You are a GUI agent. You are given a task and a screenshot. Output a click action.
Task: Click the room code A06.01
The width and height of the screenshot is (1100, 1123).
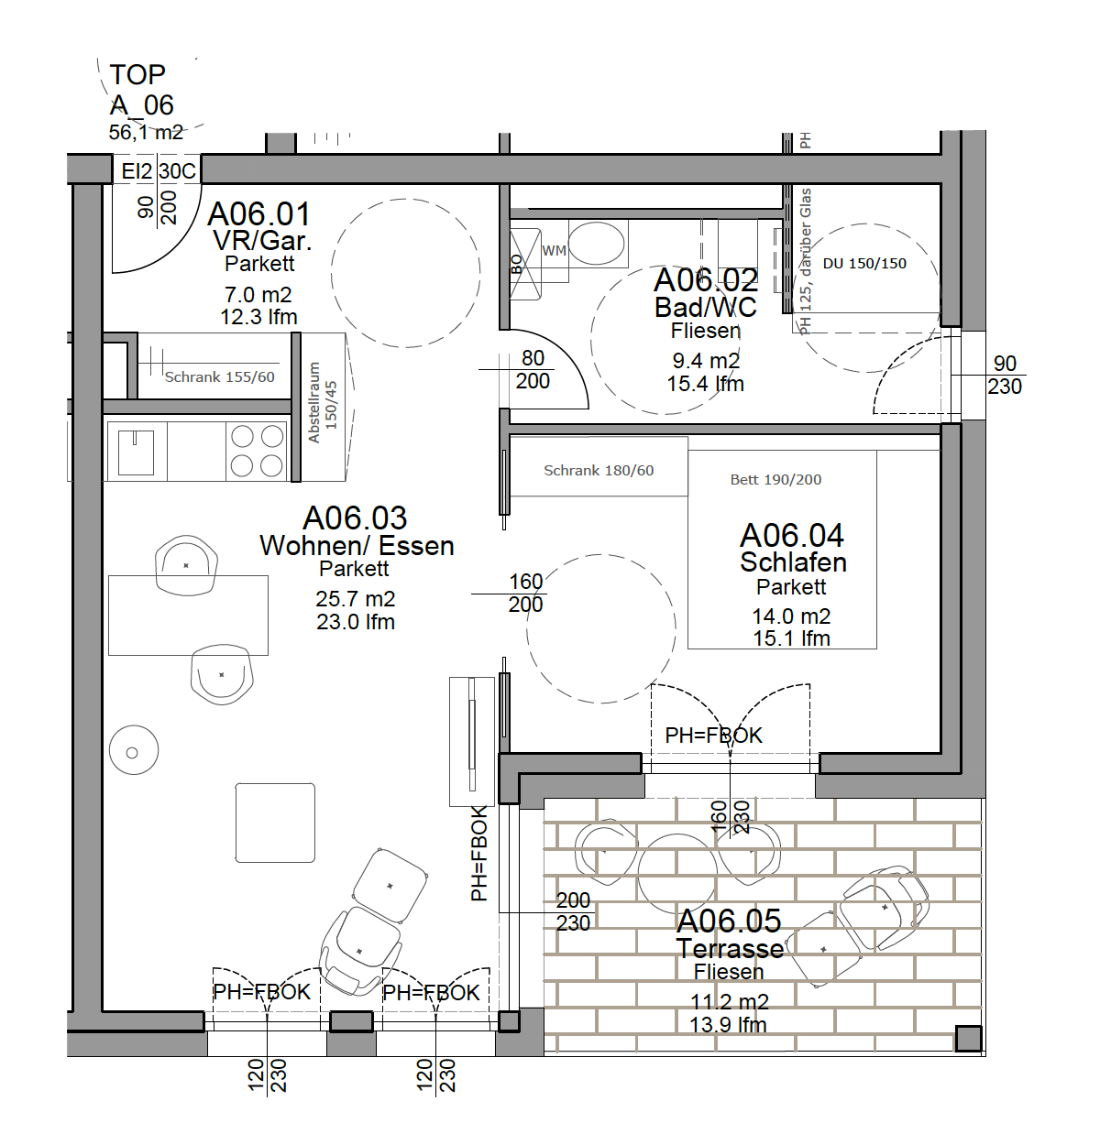(258, 213)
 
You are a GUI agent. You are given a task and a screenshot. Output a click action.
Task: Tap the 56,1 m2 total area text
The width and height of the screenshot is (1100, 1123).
(146, 132)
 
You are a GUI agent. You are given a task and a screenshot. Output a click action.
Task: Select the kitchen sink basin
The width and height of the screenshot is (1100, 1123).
(136, 452)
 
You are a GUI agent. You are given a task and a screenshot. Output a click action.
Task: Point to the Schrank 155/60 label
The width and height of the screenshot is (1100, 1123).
(219, 377)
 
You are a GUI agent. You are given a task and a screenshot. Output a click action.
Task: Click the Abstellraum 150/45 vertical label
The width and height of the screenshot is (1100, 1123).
(323, 403)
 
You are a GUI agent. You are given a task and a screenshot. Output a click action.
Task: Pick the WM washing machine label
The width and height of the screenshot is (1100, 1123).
(554, 251)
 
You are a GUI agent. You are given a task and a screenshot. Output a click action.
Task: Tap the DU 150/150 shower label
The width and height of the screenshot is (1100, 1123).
(864, 264)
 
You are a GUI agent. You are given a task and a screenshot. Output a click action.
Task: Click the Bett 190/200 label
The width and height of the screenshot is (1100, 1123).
(775, 480)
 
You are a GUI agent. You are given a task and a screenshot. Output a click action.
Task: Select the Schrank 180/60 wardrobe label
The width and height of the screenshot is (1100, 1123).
(599, 470)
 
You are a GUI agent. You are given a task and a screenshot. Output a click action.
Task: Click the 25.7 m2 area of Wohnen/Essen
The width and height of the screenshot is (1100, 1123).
(355, 598)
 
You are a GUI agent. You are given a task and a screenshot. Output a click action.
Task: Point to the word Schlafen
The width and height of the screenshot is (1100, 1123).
(793, 562)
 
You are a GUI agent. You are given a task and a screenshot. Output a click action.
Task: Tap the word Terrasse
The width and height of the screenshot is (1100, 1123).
(731, 949)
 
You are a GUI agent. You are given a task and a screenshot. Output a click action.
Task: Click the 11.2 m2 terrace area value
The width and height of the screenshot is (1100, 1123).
(730, 1002)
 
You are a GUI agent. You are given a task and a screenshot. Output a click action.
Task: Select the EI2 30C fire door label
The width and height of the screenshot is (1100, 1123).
(158, 170)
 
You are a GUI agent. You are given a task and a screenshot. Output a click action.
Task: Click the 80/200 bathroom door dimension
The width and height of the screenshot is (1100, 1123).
(533, 369)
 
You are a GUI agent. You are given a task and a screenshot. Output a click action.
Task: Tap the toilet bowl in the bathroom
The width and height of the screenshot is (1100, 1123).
(596, 244)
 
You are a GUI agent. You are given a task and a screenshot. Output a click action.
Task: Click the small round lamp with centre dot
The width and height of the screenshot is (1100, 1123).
(134, 750)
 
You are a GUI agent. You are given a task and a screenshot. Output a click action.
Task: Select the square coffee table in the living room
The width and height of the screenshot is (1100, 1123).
(275, 823)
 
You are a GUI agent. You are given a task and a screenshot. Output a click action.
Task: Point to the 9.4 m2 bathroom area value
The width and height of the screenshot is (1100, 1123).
(706, 361)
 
